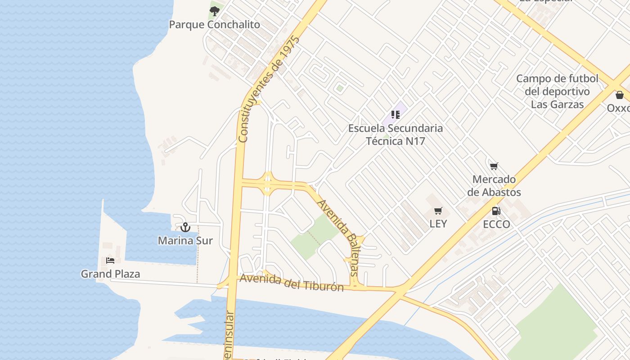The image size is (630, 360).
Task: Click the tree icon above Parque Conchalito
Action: point(215,10)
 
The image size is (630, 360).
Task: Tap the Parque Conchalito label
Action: point(214,24)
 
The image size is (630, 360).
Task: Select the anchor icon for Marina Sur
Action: point(185,227)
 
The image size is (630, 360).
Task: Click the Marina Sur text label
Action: point(185,241)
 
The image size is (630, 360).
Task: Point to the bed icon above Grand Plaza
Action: point(110,261)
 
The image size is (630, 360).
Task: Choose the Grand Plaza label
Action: point(110,274)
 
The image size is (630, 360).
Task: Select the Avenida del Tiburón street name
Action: point(292,283)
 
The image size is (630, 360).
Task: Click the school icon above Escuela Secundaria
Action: point(396,115)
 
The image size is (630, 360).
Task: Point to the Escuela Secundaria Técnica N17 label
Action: point(396,135)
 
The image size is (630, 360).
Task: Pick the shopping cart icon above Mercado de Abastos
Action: point(494,166)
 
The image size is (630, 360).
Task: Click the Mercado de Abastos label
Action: point(494,186)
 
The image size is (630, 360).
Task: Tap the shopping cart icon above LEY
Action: point(438,211)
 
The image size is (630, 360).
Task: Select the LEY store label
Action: point(438,224)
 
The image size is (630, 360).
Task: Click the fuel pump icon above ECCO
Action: point(496,211)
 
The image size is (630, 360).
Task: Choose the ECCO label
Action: point(496,224)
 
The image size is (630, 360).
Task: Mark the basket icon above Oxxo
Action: point(620,95)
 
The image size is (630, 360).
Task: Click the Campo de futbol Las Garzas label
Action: point(557,91)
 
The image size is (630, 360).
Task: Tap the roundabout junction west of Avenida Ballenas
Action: point(268,184)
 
